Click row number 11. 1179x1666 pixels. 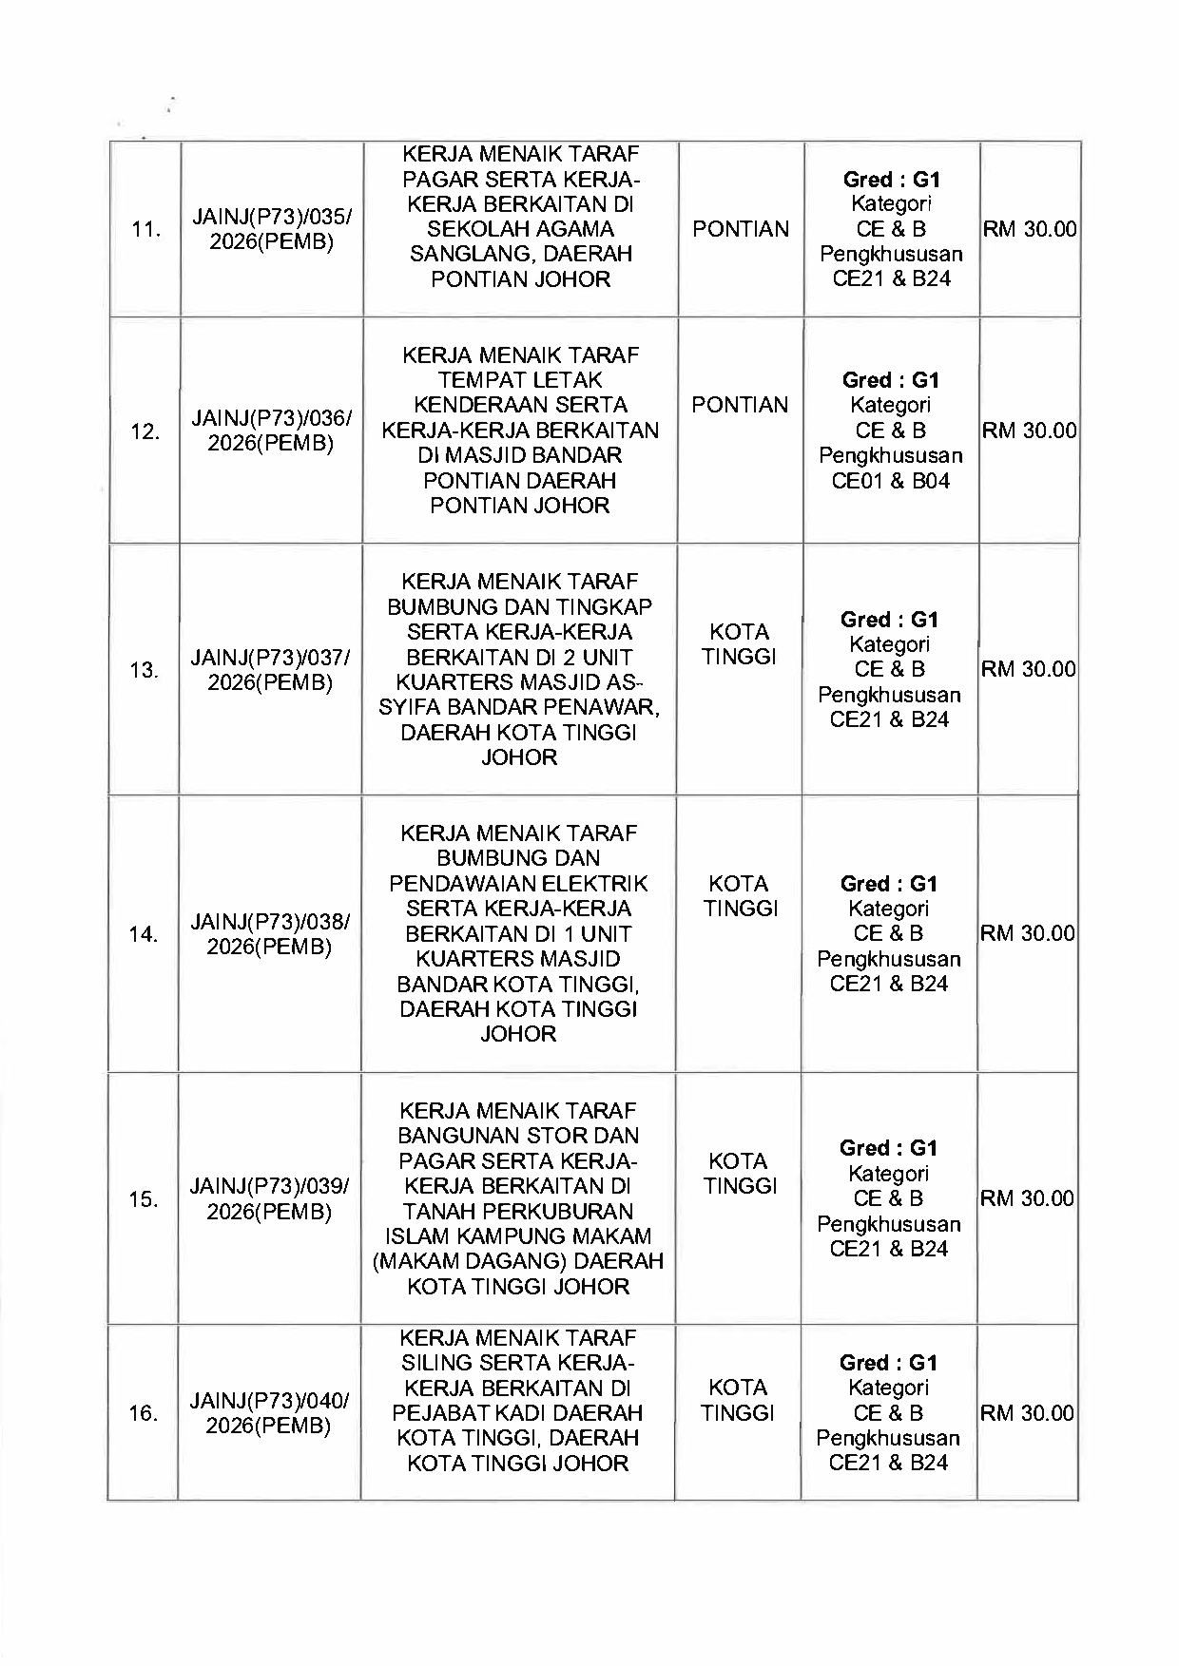point(145,230)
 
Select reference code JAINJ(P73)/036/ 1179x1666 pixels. point(272,418)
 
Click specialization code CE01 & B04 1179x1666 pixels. point(890,481)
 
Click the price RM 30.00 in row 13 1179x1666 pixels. point(1028,669)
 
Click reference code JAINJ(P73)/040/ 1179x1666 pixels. point(269,1401)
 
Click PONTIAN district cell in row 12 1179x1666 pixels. point(740,405)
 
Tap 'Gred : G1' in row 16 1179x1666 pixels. point(888,1363)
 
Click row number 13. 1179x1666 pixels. point(144,671)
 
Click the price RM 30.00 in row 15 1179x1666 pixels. point(1027,1198)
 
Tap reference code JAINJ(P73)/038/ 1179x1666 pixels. point(270,922)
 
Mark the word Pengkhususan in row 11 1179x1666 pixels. point(891,255)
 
